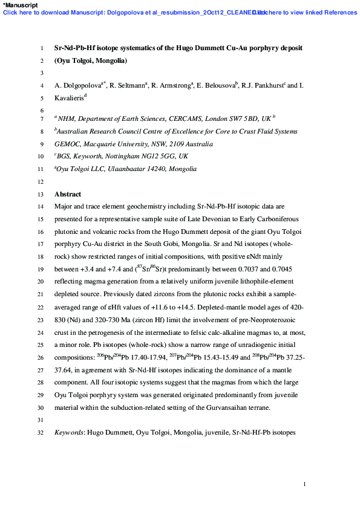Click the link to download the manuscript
pos(121,12)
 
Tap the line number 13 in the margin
pos(41,195)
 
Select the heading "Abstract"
pos(67,195)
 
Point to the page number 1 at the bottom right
pos(304,484)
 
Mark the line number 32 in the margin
pos(41,433)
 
